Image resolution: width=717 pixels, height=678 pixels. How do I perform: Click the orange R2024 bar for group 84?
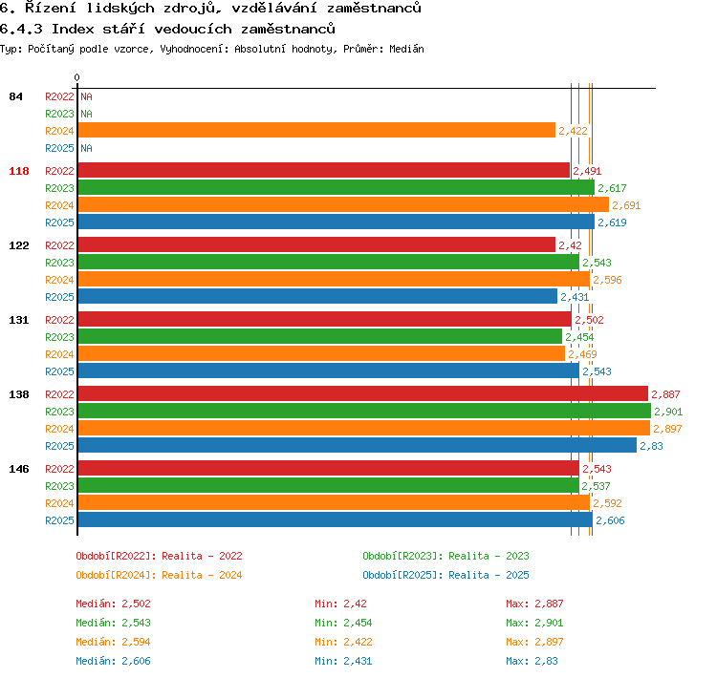pos(316,130)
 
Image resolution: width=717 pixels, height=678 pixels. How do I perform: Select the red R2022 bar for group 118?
pos(324,170)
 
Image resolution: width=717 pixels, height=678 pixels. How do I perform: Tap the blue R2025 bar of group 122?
pos(317,296)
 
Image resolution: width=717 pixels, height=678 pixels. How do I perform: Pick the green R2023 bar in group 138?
pos(364,411)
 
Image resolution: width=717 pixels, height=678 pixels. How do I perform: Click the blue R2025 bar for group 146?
pos(336,519)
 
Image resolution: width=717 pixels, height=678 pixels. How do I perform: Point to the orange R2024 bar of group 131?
pos(321,353)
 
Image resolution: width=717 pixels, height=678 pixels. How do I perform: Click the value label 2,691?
pos(626,205)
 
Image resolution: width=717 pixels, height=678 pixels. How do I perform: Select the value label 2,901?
pos(668,412)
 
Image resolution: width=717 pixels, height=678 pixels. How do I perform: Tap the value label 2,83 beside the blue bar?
pos(651,446)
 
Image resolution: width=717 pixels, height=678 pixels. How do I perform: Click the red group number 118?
pos(19,171)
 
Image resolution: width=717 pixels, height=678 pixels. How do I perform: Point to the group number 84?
pos(15,96)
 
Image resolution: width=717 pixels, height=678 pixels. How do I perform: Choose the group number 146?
pos(19,469)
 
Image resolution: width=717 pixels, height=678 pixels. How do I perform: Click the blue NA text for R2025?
pos(86,148)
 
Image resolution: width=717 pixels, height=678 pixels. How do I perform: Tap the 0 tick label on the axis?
pos(76,77)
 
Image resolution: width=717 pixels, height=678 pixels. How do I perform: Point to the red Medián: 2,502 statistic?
pos(113,604)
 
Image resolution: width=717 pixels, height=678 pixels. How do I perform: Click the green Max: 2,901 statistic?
pos(534,623)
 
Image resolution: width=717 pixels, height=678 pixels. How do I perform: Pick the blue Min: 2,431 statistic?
pos(343,661)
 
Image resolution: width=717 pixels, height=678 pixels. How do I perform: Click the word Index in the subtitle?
pos(73,29)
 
